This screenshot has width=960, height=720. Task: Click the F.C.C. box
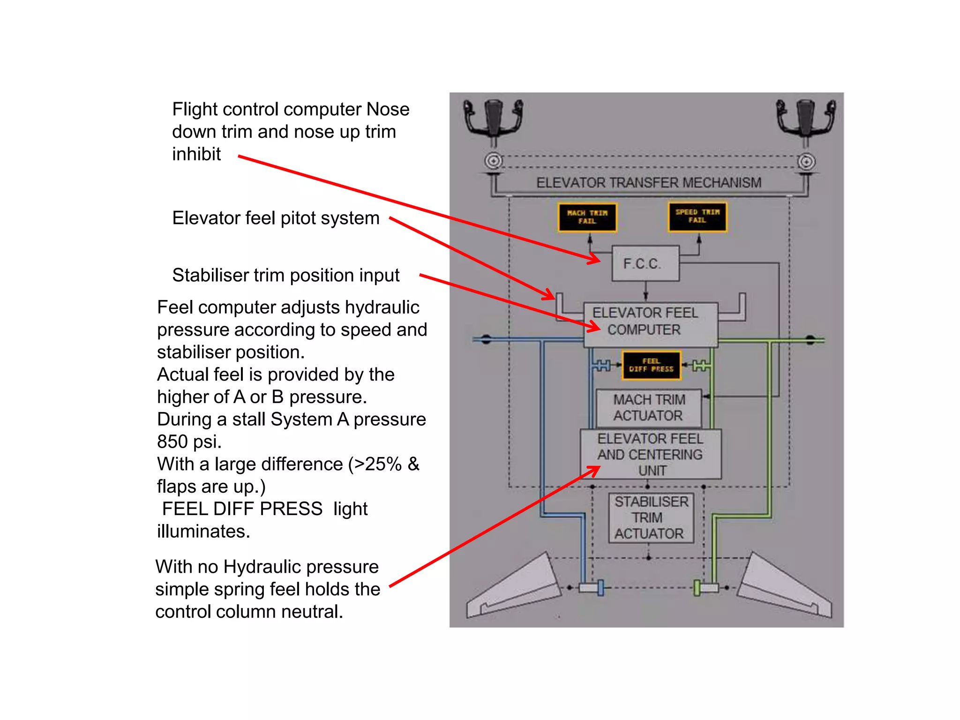click(645, 263)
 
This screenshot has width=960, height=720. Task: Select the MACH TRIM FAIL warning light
click(587, 217)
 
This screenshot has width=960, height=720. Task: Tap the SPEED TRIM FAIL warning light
click(697, 217)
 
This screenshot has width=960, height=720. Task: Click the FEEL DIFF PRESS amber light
click(651, 365)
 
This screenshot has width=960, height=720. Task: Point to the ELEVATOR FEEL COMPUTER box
click(650, 323)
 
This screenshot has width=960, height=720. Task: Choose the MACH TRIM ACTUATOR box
click(649, 408)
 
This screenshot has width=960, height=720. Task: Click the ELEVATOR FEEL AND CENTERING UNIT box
click(650, 454)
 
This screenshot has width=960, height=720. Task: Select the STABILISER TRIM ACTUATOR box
click(651, 517)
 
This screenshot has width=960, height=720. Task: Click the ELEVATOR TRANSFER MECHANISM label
click(649, 182)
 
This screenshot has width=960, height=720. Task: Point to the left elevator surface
click(516, 588)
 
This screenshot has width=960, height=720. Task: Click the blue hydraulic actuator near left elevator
click(600, 587)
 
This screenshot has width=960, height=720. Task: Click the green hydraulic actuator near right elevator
click(697, 587)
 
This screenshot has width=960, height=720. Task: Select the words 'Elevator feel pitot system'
click(276, 218)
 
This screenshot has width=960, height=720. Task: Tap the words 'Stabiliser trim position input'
click(285, 275)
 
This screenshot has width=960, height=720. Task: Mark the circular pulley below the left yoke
click(493, 161)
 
